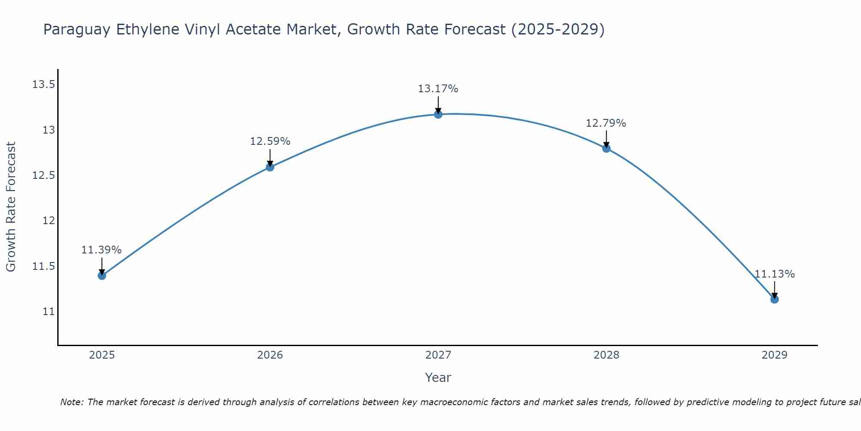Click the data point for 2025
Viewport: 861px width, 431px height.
point(102,275)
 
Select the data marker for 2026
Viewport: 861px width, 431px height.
point(270,167)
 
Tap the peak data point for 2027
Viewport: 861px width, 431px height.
point(438,114)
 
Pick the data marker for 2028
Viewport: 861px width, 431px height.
point(606,149)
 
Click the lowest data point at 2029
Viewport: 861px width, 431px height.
point(774,299)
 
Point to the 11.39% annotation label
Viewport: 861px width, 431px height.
point(102,250)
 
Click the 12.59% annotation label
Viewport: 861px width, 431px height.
point(270,141)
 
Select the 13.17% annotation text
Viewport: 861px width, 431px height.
point(438,89)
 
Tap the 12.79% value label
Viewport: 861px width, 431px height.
point(606,123)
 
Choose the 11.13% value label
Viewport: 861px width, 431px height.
point(774,274)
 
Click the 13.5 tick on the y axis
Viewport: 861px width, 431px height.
point(43,84)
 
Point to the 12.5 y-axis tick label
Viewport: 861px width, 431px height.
point(43,175)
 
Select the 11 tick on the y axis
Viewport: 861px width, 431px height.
point(49,312)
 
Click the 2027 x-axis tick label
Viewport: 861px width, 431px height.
point(438,355)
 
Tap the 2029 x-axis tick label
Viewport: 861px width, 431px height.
point(774,355)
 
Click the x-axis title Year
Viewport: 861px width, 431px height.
point(438,378)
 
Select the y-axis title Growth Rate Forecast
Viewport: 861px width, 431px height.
point(11,207)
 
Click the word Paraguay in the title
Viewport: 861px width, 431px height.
point(77,30)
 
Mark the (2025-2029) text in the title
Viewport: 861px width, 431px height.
point(557,30)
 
